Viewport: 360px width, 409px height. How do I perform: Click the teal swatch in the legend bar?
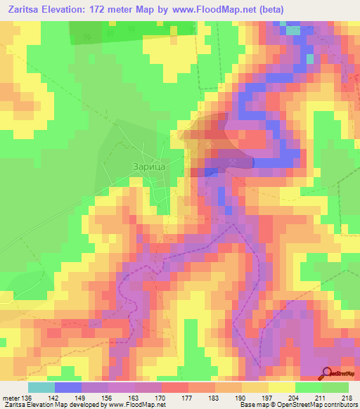[x=41, y=387]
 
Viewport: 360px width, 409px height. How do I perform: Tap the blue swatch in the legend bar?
[x=68, y=387]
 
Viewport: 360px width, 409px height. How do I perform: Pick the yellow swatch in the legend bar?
[x=282, y=387]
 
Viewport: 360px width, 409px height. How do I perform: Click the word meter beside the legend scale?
[x=11, y=399]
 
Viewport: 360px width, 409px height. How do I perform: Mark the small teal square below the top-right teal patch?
[x=309, y=58]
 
